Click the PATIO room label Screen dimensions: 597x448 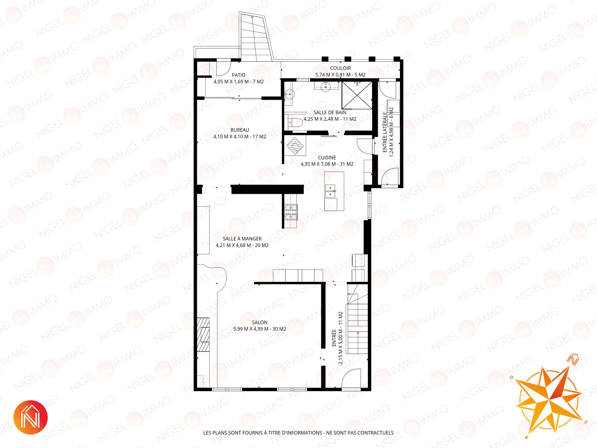[238, 75]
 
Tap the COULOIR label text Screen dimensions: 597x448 [340, 68]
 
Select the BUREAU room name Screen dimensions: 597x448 [240, 130]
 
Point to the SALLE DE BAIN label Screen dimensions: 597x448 [330, 113]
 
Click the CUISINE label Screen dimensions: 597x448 [327, 158]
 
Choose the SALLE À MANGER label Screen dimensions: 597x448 [242, 239]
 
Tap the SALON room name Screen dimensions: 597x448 [260, 323]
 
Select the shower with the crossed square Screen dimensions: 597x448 [357, 95]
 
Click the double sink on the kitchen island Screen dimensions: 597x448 [330, 191]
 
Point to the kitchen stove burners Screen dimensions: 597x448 [291, 212]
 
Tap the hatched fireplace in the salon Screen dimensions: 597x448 [203, 334]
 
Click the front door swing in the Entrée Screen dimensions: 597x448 [351, 378]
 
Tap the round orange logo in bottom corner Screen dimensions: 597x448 [30, 417]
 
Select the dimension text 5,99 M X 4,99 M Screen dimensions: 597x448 [251, 329]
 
